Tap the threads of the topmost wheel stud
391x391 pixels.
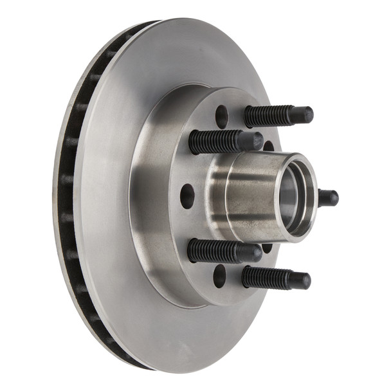coord(267,116)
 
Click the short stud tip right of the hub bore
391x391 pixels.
coord(329,197)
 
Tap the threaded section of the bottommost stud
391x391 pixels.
coord(265,277)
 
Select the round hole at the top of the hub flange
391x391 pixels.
coord(221,116)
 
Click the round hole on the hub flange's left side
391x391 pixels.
coord(187,196)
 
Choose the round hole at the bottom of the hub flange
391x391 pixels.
coord(220,275)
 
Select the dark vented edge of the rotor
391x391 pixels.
coord(71,193)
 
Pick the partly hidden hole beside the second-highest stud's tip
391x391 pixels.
coord(268,146)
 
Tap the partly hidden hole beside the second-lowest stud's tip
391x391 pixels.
coord(267,248)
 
